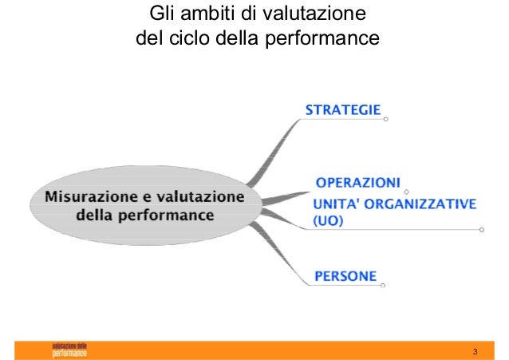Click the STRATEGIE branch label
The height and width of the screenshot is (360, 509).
pos(343,110)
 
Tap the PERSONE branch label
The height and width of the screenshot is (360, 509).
pos(345,276)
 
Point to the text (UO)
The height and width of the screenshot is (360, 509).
pos(327,220)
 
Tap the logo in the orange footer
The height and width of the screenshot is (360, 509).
pos(70,350)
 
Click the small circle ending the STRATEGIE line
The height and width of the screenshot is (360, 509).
pos(385,120)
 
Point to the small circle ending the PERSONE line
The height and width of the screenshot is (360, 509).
pos(383,285)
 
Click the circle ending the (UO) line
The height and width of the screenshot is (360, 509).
pos(481,230)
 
